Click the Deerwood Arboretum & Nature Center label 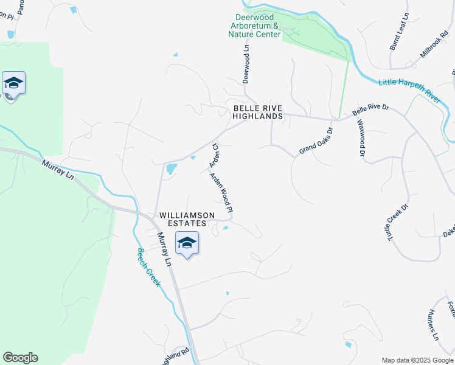(x=257, y=26)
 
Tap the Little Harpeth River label (x=409, y=89)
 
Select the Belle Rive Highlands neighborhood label (x=258, y=112)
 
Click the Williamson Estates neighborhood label (x=187, y=220)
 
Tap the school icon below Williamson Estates (x=187, y=243)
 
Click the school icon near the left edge (x=13, y=84)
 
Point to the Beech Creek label (x=148, y=267)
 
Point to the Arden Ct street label (x=215, y=156)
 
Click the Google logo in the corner (x=20, y=358)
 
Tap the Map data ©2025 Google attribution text (x=417, y=360)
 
